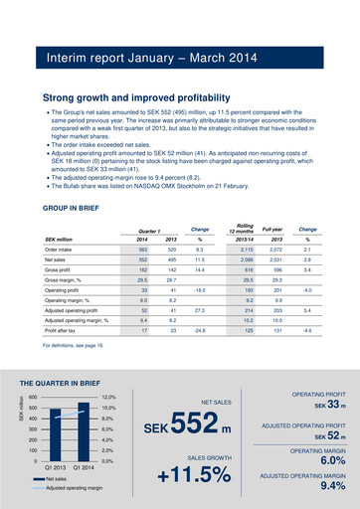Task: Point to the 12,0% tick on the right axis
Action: click(109, 397)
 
